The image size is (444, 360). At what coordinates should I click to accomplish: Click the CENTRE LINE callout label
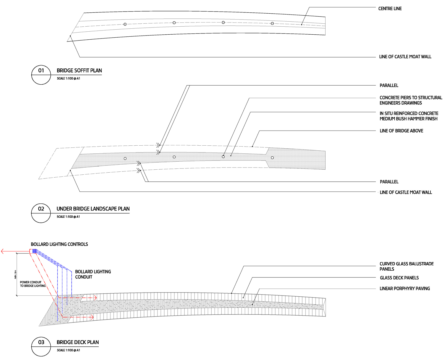coord(390,9)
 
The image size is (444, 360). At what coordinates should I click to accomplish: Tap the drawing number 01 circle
coord(41,75)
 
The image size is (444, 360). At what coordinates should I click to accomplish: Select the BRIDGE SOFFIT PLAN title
coord(79,70)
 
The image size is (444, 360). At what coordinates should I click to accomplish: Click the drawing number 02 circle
coord(41,213)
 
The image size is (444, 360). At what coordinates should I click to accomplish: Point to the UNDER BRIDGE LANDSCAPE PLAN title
coord(93,209)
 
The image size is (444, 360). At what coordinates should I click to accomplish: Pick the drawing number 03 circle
coord(41,347)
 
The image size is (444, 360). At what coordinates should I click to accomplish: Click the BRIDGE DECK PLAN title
coord(78,342)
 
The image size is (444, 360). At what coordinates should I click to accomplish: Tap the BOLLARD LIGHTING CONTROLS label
coord(59,244)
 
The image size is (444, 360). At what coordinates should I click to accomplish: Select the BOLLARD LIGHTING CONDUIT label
coord(93,274)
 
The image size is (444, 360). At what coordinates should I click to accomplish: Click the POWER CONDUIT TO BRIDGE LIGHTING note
coord(33,284)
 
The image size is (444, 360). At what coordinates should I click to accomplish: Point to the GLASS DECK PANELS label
coord(399,278)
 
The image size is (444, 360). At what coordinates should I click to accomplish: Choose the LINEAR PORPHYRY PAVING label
coord(405,288)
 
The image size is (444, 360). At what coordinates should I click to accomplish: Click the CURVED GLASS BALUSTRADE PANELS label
coord(406,266)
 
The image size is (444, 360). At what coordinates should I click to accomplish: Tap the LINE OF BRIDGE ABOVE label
coord(401,131)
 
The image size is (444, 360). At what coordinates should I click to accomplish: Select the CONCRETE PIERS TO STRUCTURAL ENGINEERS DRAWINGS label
coord(411,100)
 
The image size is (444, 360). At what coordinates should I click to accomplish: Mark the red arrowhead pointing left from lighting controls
coord(3,251)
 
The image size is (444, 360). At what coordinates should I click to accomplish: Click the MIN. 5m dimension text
coord(15,274)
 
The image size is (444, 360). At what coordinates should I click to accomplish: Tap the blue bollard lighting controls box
coord(34,251)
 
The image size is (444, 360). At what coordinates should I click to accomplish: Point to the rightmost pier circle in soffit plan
coord(272,23)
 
